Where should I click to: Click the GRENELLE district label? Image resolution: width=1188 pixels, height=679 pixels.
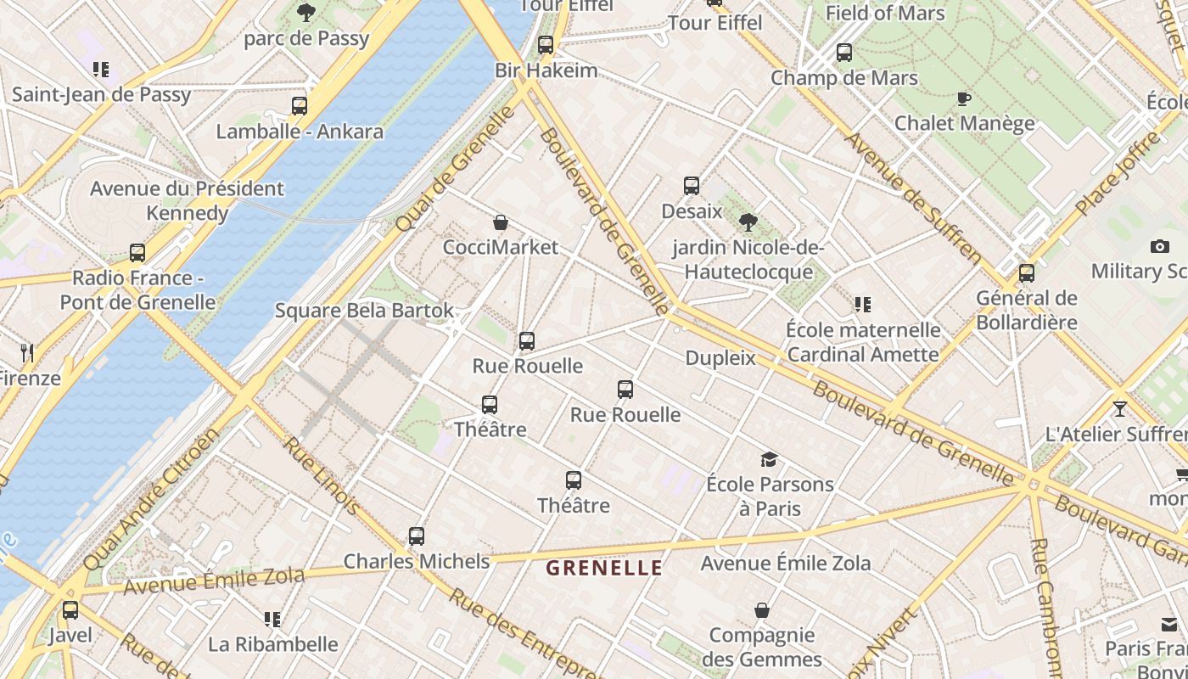(603, 568)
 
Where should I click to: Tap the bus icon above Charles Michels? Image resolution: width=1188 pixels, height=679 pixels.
(416, 536)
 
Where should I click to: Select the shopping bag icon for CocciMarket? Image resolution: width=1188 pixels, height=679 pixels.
(501, 222)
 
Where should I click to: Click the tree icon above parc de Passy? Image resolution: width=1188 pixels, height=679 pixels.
(305, 13)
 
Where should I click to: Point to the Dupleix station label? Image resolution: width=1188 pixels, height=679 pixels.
(720, 358)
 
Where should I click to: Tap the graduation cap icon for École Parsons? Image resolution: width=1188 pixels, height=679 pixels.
(769, 459)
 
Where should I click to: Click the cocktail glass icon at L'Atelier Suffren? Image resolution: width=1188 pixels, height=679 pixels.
(1119, 409)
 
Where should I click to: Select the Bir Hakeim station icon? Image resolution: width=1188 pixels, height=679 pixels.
(546, 45)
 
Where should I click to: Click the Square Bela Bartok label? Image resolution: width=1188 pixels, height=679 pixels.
(364, 311)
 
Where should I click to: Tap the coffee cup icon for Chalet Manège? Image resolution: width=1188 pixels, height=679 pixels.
(964, 98)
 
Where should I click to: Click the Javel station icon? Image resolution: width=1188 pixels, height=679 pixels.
(70, 609)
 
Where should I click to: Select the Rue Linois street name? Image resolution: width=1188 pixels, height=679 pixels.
(322, 475)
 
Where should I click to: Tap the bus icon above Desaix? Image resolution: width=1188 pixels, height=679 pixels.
(692, 186)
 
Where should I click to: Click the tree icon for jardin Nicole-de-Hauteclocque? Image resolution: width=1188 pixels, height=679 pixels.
(748, 222)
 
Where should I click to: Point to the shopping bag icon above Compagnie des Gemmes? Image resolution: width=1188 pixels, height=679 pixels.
(762, 610)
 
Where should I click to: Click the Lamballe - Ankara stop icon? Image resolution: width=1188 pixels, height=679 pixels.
(299, 106)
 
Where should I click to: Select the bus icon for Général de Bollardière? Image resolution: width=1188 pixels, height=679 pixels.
(1026, 273)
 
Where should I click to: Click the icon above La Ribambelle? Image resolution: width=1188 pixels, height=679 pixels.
(272, 620)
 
